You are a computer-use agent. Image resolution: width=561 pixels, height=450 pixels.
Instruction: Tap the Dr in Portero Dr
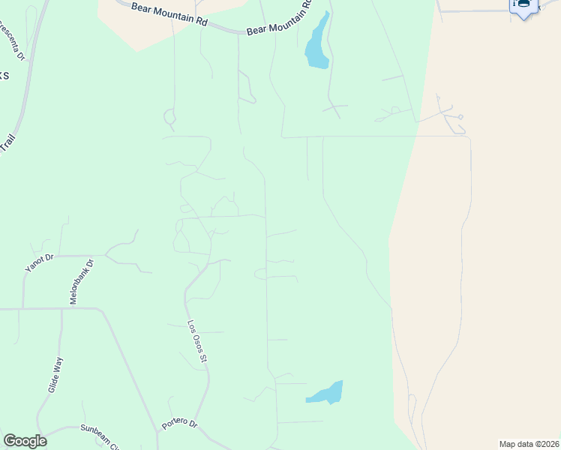(193, 423)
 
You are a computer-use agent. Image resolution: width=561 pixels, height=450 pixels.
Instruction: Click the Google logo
(25, 441)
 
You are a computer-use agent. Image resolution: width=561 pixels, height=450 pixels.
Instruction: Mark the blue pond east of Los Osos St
(326, 393)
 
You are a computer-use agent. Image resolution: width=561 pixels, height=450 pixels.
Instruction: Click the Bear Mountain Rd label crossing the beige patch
(169, 13)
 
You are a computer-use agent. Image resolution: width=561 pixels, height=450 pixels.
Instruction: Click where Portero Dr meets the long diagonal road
(158, 430)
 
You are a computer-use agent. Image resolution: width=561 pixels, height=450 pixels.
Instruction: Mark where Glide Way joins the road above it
(61, 308)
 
